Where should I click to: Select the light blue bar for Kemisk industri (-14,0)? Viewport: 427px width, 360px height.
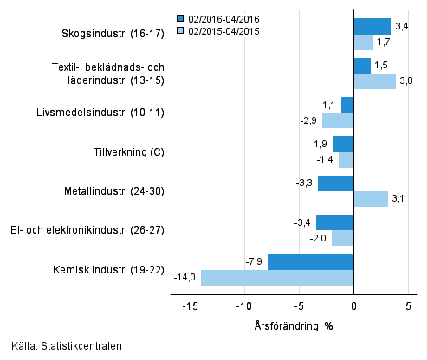(277, 278)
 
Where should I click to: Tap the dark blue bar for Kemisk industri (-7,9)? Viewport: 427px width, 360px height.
(310, 262)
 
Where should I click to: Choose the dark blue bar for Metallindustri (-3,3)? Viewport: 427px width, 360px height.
(335, 183)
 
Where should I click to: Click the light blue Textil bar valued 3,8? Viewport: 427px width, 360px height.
(374, 81)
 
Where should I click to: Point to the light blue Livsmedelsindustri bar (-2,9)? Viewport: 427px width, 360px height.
(338, 120)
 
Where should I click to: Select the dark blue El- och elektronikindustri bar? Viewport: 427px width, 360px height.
(334, 222)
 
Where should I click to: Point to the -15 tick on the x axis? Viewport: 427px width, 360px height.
(190, 305)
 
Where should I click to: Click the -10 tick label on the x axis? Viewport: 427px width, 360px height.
(244, 305)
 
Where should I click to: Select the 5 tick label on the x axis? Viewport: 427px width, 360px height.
(408, 305)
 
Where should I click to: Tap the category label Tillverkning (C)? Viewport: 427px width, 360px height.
(128, 152)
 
